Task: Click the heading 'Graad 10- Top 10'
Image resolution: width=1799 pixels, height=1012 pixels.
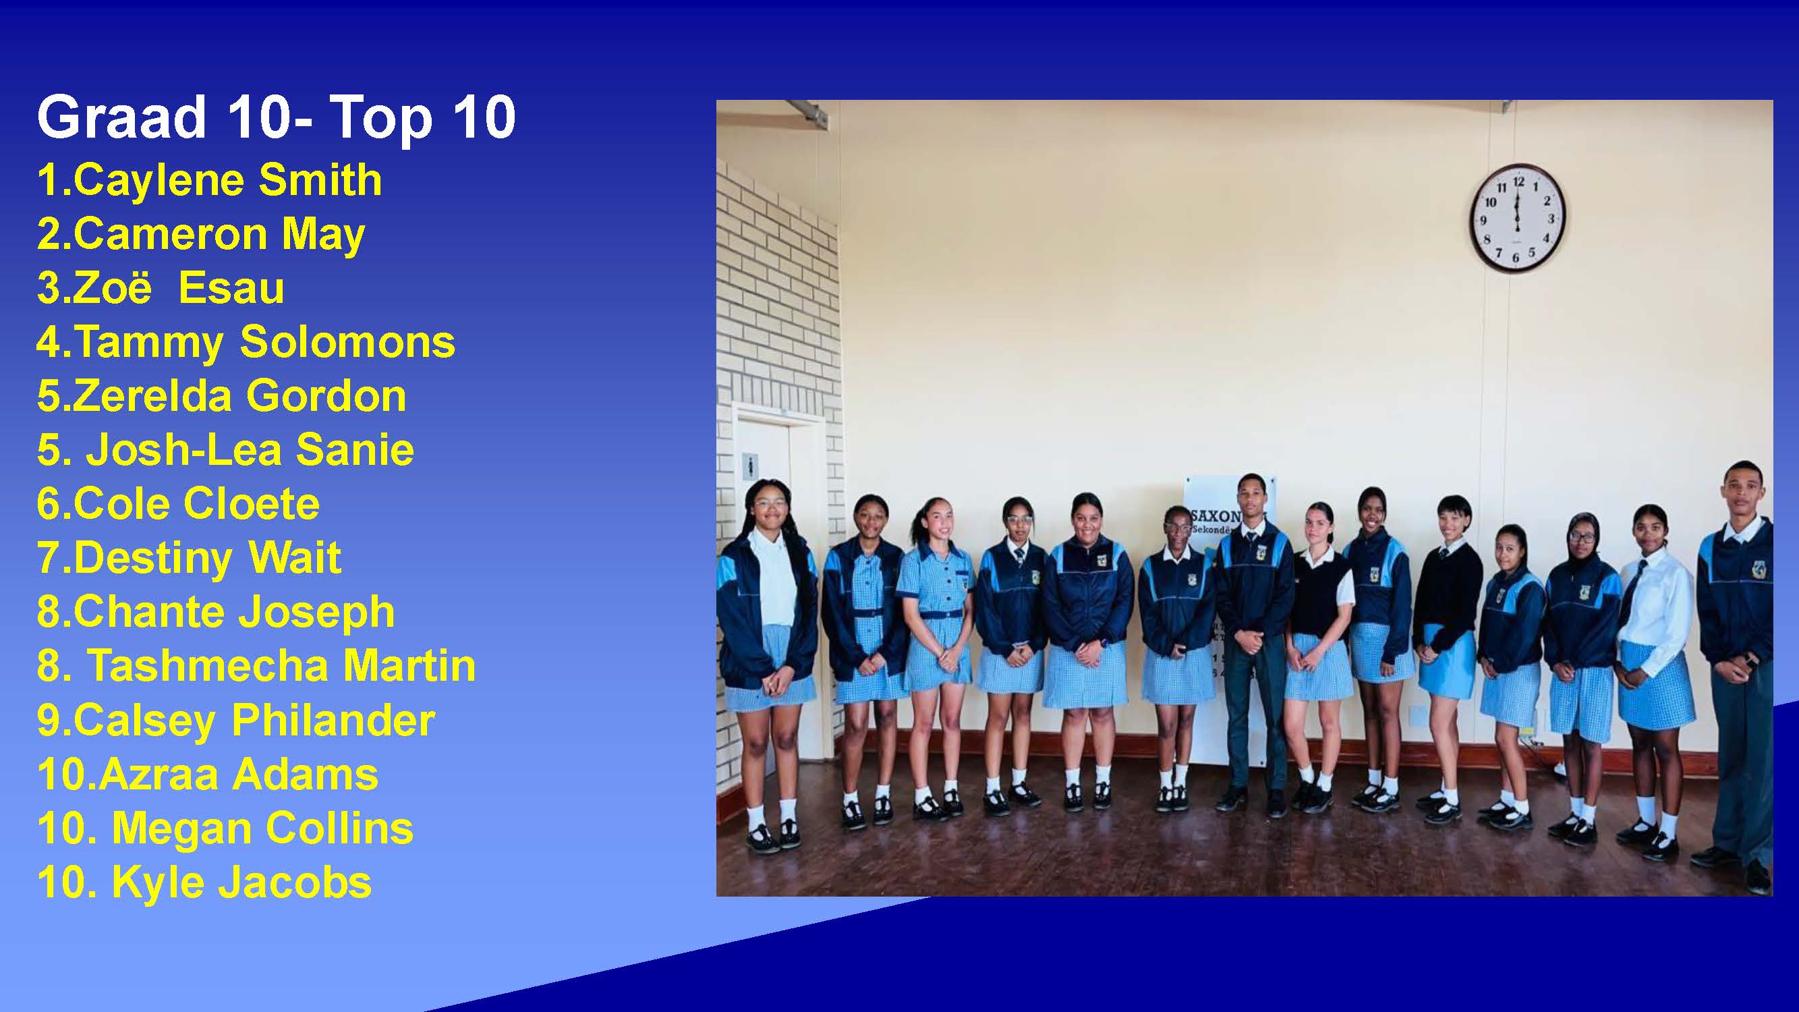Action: pyautogui.click(x=277, y=117)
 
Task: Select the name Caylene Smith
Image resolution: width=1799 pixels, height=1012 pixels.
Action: pyautogui.click(x=227, y=180)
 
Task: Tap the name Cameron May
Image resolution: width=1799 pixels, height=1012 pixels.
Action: pyautogui.click(x=219, y=235)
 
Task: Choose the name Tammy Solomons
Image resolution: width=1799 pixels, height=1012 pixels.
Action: pyautogui.click(x=264, y=343)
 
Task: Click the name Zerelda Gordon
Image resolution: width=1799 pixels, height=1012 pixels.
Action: pyautogui.click(x=239, y=396)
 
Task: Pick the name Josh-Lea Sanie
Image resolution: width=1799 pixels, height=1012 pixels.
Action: pyautogui.click(x=250, y=450)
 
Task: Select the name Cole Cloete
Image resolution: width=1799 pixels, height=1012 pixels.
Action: pyautogui.click(x=196, y=503)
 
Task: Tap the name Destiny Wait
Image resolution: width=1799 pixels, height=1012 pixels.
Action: pyautogui.click(x=206, y=559)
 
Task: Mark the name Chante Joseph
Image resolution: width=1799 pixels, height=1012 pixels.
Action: pyautogui.click(x=233, y=613)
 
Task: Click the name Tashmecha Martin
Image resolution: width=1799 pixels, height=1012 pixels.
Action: pyautogui.click(x=281, y=666)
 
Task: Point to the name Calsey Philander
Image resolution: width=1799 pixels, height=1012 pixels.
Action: pyautogui.click(x=254, y=721)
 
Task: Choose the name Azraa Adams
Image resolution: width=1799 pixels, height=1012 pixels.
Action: pyautogui.click(x=238, y=775)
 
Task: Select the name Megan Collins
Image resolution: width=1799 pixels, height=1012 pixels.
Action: pyautogui.click(x=262, y=829)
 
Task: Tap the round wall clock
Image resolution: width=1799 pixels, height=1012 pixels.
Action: pyautogui.click(x=1517, y=218)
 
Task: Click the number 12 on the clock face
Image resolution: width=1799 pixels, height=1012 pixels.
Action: pyautogui.click(x=1518, y=181)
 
